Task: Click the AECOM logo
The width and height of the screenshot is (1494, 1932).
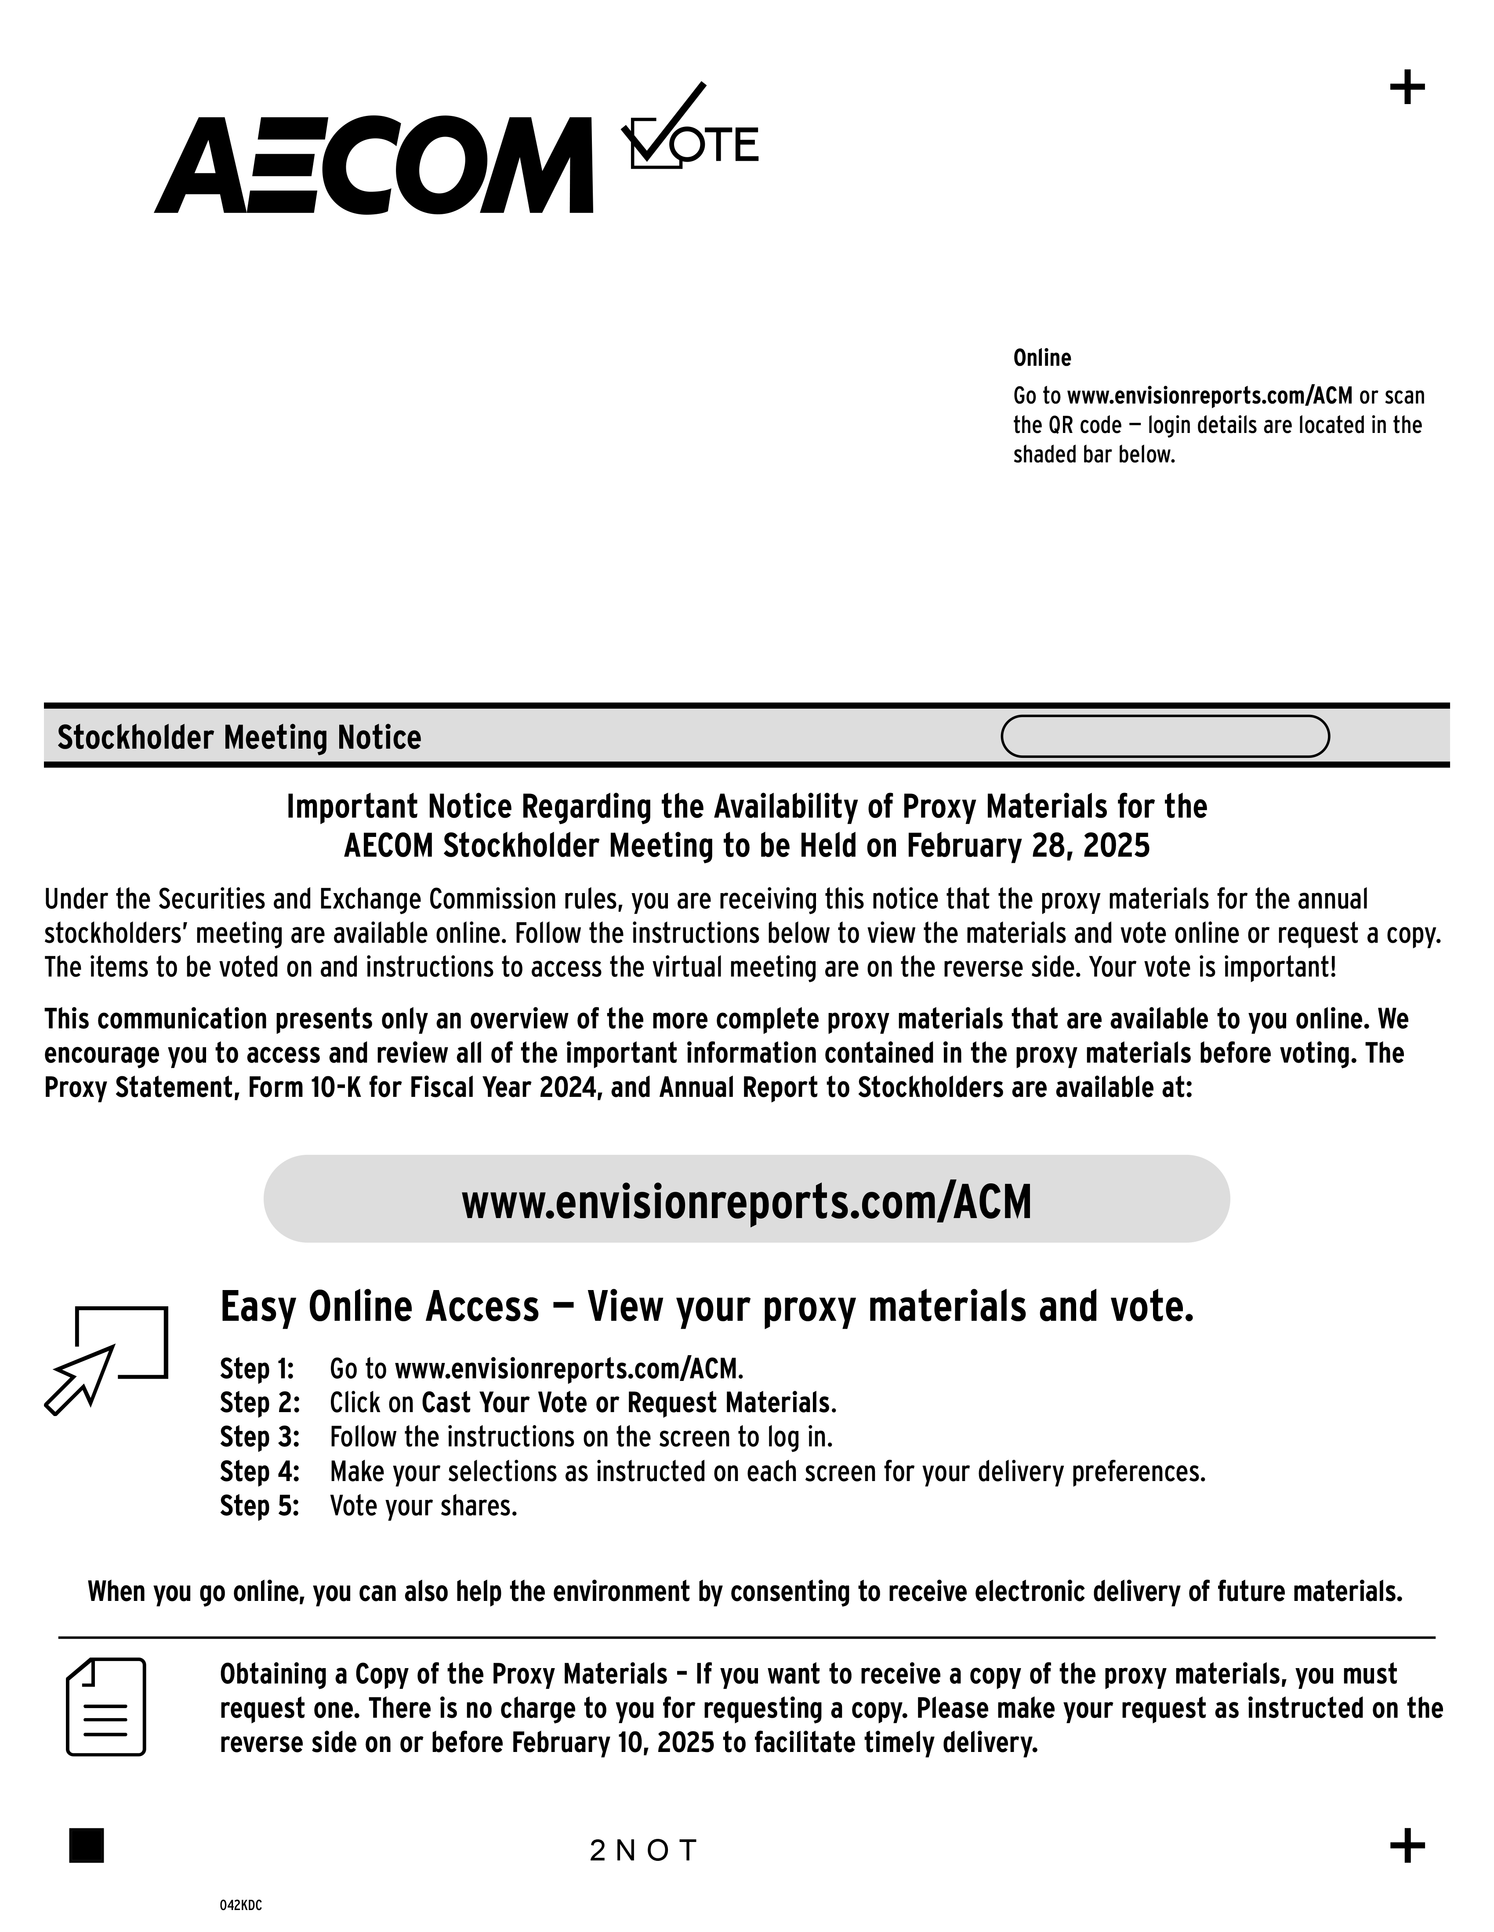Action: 373,166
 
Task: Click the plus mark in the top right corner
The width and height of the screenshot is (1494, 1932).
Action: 1407,88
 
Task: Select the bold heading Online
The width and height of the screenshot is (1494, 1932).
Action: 1042,358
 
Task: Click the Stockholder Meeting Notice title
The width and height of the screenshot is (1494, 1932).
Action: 239,737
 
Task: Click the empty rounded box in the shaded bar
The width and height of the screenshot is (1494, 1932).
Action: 1165,736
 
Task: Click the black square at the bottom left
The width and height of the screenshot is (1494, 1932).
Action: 87,1845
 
